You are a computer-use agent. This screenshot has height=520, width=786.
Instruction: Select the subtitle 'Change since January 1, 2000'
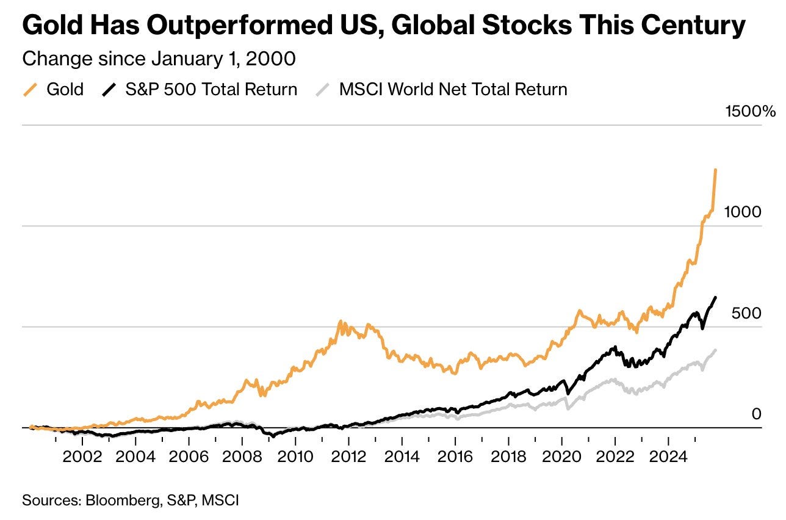tap(159, 59)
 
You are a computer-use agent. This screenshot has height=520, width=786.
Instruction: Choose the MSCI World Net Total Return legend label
tap(453, 90)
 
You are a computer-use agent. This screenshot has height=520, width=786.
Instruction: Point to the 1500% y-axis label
tap(750, 112)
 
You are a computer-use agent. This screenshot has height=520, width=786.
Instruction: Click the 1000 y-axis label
tap(743, 212)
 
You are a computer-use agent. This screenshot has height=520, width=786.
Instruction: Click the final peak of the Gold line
tap(715, 170)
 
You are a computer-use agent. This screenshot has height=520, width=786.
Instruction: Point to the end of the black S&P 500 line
tap(715, 297)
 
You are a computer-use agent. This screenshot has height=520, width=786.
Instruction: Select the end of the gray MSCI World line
tap(715, 350)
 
